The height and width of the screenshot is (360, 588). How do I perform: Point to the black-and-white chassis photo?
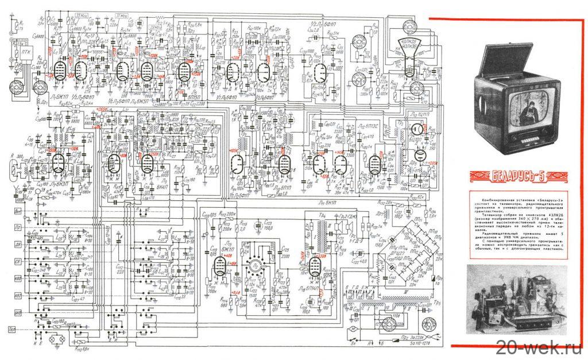(517, 300)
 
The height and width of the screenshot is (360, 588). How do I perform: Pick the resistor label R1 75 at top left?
(21, 25)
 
